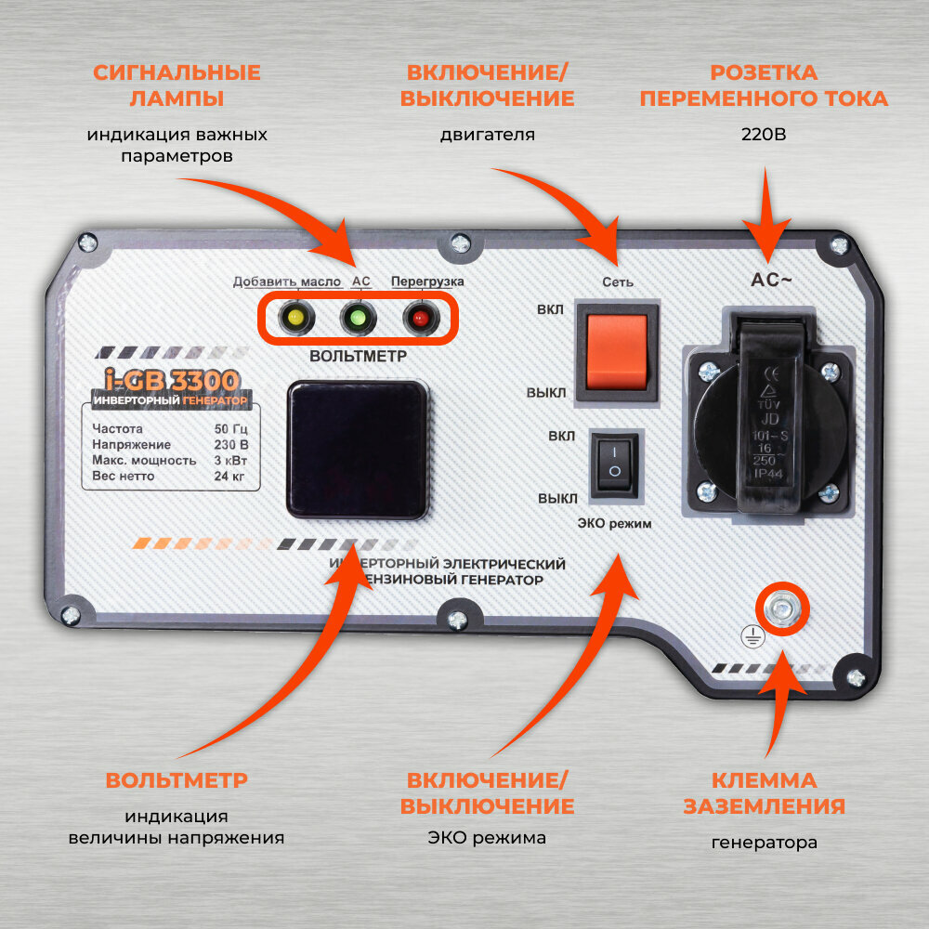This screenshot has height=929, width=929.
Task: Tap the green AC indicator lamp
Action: click(356, 318)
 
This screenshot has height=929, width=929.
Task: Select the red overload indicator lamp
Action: click(419, 318)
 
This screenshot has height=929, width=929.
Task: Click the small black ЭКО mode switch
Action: click(614, 460)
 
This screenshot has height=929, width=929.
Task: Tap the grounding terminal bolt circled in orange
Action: click(783, 608)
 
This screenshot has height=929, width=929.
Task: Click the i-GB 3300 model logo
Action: click(171, 380)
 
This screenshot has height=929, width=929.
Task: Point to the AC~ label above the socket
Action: click(771, 280)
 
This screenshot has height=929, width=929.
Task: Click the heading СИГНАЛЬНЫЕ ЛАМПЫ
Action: click(176, 85)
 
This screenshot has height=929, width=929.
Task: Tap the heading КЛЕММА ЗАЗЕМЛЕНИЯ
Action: click(764, 792)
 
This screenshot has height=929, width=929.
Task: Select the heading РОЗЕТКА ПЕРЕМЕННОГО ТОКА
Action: click(764, 85)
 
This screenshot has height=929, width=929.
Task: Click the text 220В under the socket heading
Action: click(764, 135)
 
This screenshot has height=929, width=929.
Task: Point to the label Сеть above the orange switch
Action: click(619, 281)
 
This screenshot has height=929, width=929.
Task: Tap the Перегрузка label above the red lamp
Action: click(427, 281)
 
